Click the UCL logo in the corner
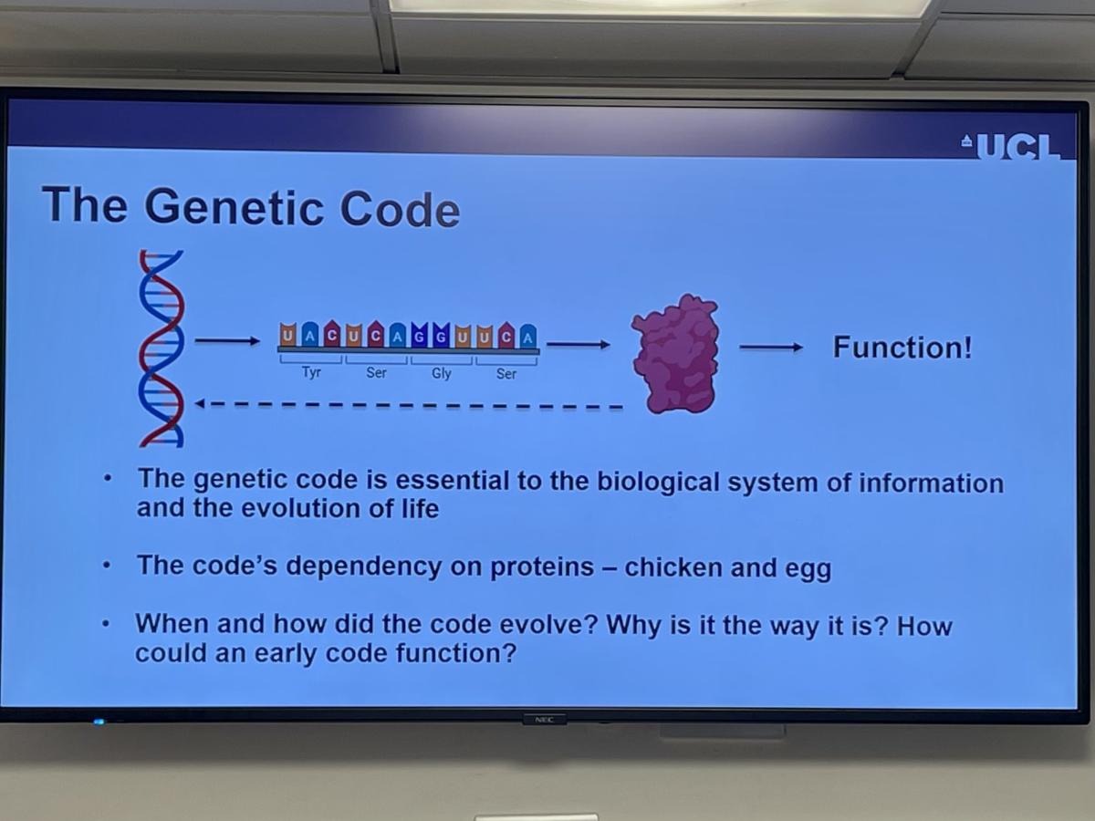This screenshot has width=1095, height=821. (1012, 147)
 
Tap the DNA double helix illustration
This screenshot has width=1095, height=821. (162, 348)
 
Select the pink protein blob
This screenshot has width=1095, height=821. (675, 354)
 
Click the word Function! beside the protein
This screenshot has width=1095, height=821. (903, 347)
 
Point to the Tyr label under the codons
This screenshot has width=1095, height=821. (311, 372)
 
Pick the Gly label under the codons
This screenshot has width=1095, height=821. (442, 373)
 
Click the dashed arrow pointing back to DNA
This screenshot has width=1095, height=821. (409, 405)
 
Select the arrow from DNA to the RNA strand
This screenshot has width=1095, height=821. (227, 341)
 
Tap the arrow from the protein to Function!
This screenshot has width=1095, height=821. (771, 348)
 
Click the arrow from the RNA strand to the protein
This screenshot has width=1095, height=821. (579, 344)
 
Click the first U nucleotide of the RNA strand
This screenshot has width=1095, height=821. (287, 335)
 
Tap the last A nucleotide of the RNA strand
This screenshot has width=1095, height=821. (528, 337)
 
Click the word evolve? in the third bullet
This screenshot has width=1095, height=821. (548, 625)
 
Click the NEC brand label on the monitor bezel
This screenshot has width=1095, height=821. (544, 720)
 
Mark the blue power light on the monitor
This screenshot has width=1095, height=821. (99, 722)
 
